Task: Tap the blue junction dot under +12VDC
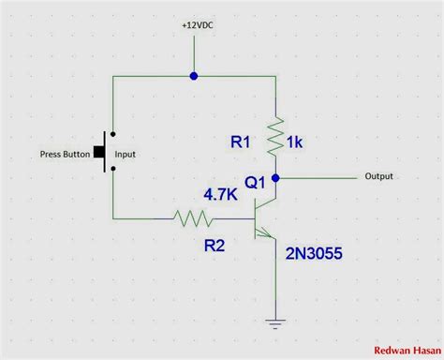tap(193, 75)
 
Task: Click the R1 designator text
tap(242, 142)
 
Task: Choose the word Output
tap(378, 176)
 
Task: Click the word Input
tap(126, 154)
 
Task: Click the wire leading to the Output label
tap(318, 175)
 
